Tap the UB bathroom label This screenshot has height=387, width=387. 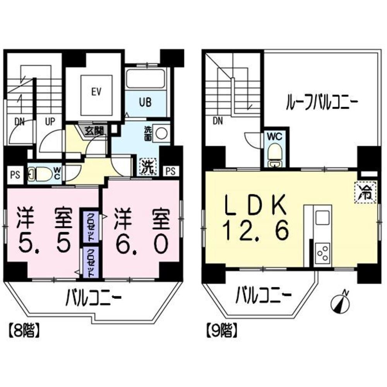(x=146, y=103)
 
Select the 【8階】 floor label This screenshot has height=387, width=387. (x=24, y=331)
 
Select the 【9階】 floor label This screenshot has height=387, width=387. (x=221, y=331)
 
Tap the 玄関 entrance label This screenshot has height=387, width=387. (x=94, y=131)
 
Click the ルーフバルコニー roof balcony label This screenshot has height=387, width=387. (x=322, y=104)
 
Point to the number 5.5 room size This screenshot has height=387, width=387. (x=44, y=243)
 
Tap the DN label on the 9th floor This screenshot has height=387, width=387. (x=217, y=121)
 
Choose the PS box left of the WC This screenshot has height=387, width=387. (x=15, y=174)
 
